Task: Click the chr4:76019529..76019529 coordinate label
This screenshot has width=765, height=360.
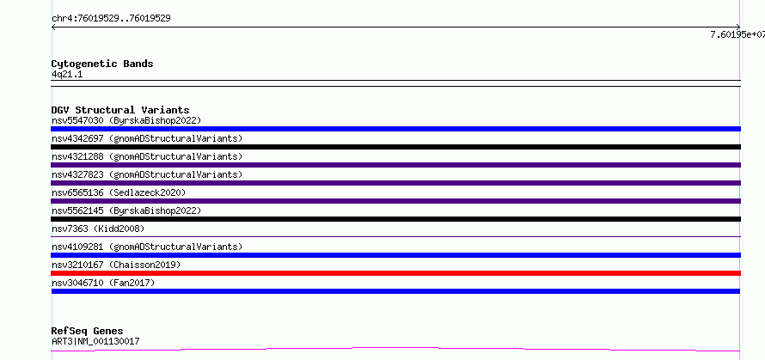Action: pyautogui.click(x=111, y=19)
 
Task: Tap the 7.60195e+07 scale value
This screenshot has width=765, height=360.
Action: pyautogui.click(x=737, y=34)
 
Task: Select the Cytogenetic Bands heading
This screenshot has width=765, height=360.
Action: pyautogui.click(x=102, y=64)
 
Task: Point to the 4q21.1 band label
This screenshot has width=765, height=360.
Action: pyautogui.click(x=67, y=75)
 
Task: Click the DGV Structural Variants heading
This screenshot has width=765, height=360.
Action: pyautogui.click(x=120, y=110)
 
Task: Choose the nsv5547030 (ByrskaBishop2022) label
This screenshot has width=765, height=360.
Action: pyautogui.click(x=126, y=120)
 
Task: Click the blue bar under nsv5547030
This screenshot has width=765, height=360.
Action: pyautogui.click(x=395, y=129)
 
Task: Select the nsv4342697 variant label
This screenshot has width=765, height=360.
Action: pyautogui.click(x=147, y=138)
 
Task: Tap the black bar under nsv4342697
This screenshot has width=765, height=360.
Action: pyautogui.click(x=395, y=147)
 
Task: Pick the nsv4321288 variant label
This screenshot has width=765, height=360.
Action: pyautogui.click(x=147, y=156)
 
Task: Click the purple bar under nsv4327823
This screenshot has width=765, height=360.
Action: pyautogui.click(x=395, y=183)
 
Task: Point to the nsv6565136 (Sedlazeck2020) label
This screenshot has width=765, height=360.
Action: pyautogui.click(x=119, y=192)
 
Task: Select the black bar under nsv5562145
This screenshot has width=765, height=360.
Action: pyautogui.click(x=395, y=219)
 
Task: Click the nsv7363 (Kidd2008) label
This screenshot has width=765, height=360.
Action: pyautogui.click(x=98, y=229)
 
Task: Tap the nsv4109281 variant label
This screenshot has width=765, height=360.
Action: pyautogui.click(x=147, y=247)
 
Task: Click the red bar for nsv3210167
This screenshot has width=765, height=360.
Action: pyautogui.click(x=395, y=273)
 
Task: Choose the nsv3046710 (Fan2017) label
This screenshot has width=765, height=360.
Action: pyautogui.click(x=103, y=283)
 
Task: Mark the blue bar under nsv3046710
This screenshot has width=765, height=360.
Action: pyautogui.click(x=395, y=291)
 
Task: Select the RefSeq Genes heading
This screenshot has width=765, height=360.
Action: pyautogui.click(x=87, y=332)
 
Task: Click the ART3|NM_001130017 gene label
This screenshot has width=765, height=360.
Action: pyautogui.click(x=95, y=341)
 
